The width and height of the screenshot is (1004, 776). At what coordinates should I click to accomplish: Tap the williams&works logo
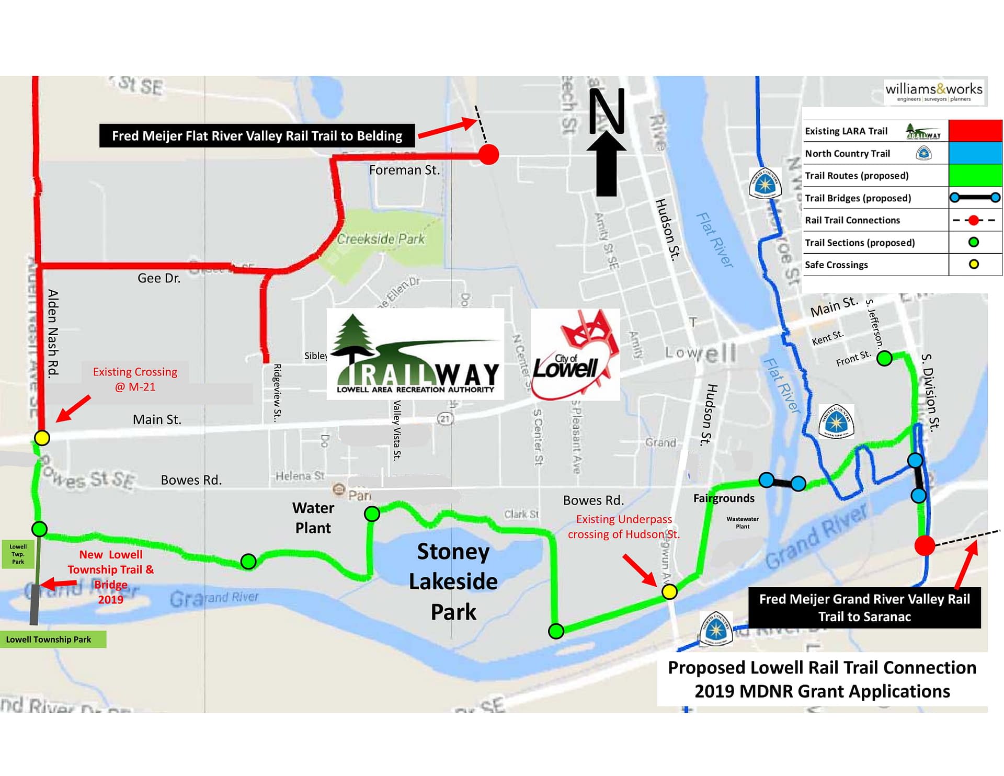click(934, 92)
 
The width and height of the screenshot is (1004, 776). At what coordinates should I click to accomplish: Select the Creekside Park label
click(381, 239)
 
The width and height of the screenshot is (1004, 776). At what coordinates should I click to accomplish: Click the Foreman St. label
click(404, 170)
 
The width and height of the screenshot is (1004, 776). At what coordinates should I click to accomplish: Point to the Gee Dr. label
click(159, 278)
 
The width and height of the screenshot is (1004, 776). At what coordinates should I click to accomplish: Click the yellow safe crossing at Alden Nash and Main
click(42, 438)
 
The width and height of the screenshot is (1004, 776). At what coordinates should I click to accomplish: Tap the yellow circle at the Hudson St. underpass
click(669, 591)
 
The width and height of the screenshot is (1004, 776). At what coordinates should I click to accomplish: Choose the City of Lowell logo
click(575, 355)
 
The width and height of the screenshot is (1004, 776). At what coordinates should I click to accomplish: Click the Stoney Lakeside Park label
click(453, 581)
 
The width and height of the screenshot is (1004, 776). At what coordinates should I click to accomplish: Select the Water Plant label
click(313, 518)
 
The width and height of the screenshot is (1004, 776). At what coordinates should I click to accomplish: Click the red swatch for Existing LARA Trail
click(975, 131)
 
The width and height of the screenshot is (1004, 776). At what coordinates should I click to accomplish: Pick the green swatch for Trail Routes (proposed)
click(975, 175)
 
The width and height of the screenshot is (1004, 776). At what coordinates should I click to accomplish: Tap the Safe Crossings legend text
click(836, 265)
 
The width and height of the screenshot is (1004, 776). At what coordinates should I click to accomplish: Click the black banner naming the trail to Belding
click(257, 136)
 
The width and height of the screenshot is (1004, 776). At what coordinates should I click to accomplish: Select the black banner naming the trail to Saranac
click(864, 608)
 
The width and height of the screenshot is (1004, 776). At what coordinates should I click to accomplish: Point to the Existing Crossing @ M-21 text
click(135, 379)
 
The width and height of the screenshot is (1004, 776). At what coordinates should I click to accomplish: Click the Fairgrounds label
click(724, 498)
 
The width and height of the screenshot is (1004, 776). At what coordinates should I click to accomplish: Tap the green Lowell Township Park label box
click(53, 639)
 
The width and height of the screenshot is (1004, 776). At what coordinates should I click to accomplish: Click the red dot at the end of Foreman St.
click(489, 154)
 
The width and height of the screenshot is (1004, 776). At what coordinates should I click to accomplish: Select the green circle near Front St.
click(884, 359)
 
